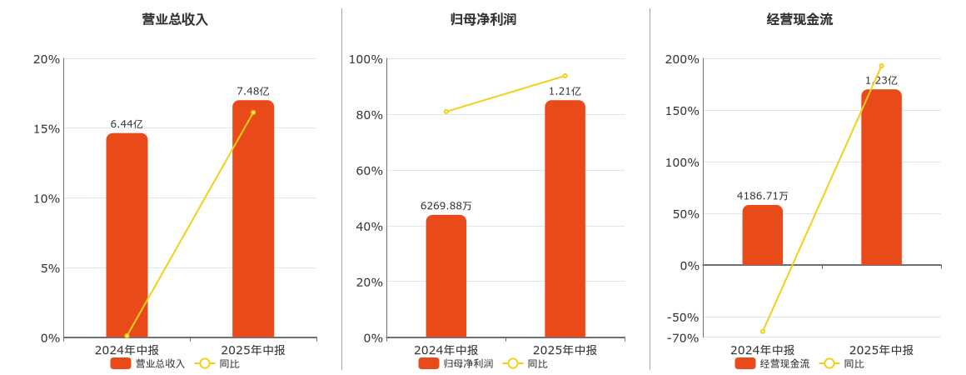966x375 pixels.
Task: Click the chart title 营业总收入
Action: (x=175, y=19)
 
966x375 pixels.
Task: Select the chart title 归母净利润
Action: (x=483, y=19)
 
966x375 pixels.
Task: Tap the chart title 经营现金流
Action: (x=799, y=19)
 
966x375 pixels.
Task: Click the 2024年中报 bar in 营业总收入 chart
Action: (x=127, y=237)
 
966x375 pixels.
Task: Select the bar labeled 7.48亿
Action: (x=253, y=221)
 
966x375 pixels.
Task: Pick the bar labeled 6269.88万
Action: (x=446, y=277)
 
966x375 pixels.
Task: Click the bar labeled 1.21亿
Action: (x=565, y=221)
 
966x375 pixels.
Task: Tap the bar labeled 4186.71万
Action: (x=762, y=236)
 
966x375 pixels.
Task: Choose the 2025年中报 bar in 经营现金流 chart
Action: (x=881, y=179)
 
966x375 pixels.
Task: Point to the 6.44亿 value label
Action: (x=127, y=124)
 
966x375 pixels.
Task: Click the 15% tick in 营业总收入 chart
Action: (x=46, y=128)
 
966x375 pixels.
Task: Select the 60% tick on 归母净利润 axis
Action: (x=366, y=171)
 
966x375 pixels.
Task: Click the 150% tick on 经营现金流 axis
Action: (x=682, y=111)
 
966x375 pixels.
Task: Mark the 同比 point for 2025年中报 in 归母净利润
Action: (x=565, y=76)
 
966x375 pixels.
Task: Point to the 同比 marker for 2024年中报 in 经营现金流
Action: (x=762, y=331)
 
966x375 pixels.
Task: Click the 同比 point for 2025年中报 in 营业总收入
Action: (x=253, y=112)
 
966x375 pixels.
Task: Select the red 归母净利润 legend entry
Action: (x=456, y=363)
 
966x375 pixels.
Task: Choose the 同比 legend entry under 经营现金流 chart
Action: (x=843, y=363)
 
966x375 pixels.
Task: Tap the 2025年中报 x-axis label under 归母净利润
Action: (x=565, y=350)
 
